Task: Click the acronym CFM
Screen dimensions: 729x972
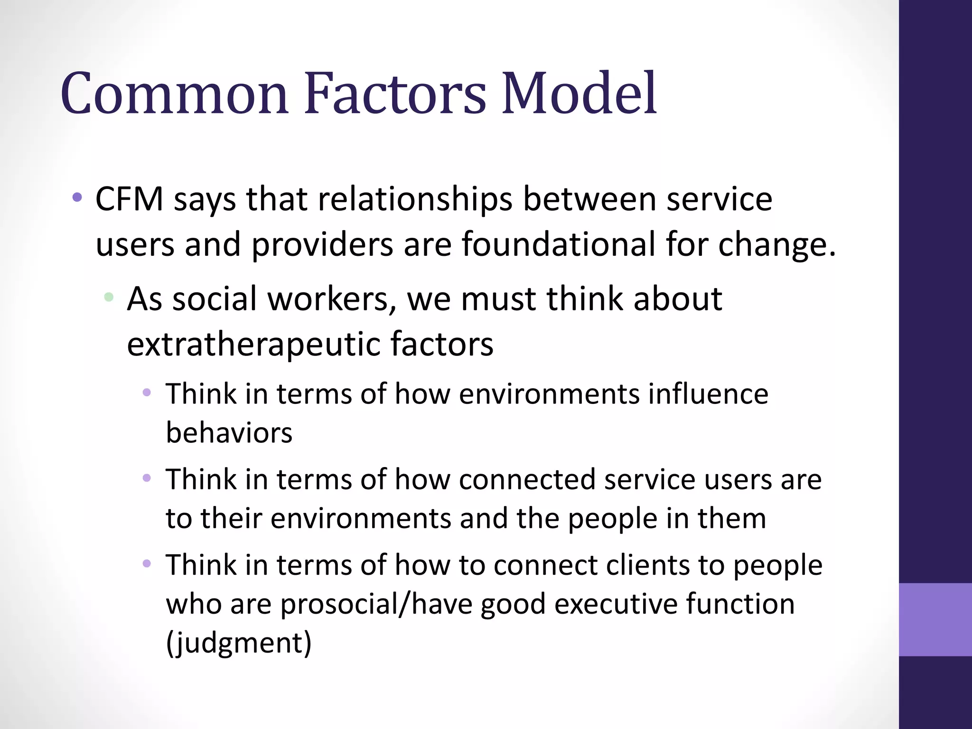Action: point(129,199)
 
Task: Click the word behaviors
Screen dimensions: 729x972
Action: point(229,433)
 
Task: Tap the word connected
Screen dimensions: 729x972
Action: point(527,480)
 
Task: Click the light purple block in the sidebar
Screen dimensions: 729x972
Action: point(935,619)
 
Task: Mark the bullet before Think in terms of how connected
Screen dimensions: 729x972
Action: point(147,478)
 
